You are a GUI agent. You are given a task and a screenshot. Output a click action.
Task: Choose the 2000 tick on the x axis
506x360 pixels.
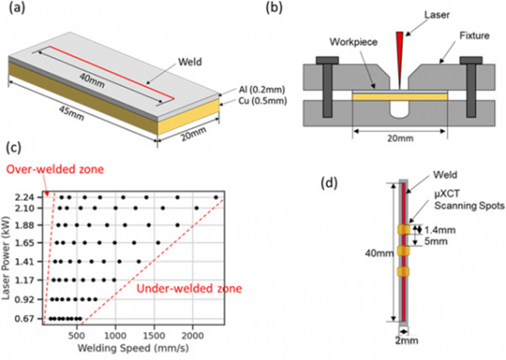click(192, 332)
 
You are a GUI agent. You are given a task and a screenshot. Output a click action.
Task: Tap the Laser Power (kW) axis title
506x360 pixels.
click(11, 258)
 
